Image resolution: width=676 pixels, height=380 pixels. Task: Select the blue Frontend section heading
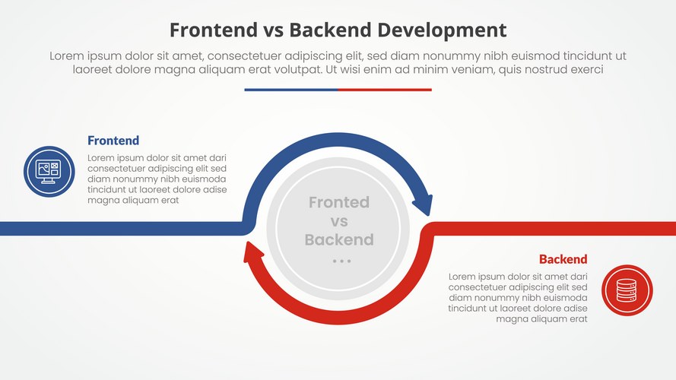pyautogui.click(x=113, y=141)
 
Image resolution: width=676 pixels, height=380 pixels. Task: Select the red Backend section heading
pyautogui.click(x=563, y=259)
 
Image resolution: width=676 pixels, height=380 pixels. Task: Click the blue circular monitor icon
pyautogui.click(x=49, y=171)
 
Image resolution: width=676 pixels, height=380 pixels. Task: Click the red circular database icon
pyautogui.click(x=627, y=290)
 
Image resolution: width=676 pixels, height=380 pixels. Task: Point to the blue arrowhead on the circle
pyautogui.click(x=422, y=204)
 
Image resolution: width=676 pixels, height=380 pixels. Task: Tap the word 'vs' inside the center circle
pyautogui.click(x=339, y=221)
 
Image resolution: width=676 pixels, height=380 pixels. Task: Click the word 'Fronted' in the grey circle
pyautogui.click(x=339, y=202)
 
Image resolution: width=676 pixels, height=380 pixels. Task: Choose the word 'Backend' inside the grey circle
pyautogui.click(x=339, y=240)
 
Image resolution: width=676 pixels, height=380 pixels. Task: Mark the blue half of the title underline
pyautogui.click(x=291, y=90)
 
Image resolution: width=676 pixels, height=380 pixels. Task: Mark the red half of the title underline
pyautogui.click(x=385, y=90)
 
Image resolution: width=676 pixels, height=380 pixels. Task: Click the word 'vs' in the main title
pyautogui.click(x=273, y=30)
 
